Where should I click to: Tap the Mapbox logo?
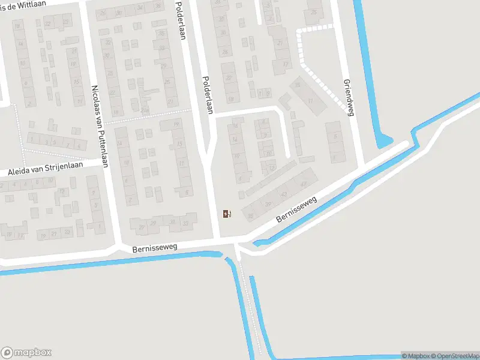click(26, 353)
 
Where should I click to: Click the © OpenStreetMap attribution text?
click(454, 356)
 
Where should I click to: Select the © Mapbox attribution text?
click(414, 356)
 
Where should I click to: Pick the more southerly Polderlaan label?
click(208, 94)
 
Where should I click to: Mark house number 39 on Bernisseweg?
click(267, 204)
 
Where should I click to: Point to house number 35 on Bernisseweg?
click(249, 215)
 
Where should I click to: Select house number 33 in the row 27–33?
click(185, 224)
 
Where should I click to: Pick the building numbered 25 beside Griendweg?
click(313, 12)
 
